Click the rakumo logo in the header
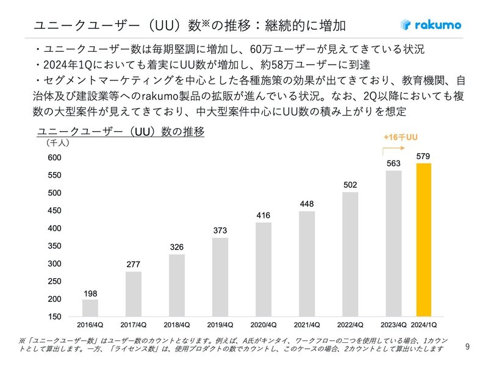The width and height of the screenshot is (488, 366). tap(431, 25)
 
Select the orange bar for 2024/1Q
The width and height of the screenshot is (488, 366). tap(423, 240)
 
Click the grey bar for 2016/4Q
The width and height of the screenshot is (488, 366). tap(90, 307)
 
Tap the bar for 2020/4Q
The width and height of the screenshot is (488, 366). tap(264, 269)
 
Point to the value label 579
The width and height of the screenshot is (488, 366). tap(423, 157)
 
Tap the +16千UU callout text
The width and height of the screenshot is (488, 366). tap(400, 138)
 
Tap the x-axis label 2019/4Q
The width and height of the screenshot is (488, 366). tap(220, 325)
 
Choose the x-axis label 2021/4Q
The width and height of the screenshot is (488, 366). tap(307, 325)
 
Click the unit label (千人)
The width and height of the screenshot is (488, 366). tap(58, 143)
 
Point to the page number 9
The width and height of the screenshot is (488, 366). tap(467, 347)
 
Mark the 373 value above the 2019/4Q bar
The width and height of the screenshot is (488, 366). tap(220, 231)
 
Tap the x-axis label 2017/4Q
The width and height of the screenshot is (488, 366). tap(134, 325)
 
